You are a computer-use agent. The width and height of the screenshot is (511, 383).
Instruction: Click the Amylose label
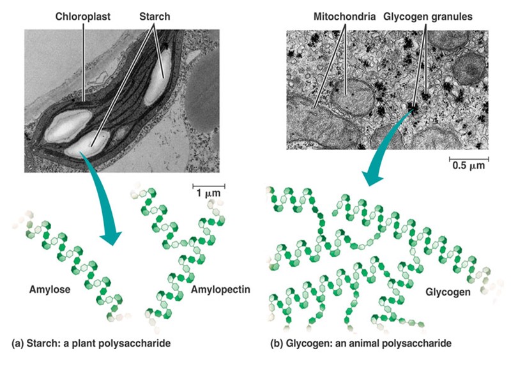coord(49,289)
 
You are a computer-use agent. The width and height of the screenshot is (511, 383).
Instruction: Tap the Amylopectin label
coord(220,289)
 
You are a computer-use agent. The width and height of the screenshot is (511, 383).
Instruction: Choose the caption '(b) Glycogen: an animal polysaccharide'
coord(362,343)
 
